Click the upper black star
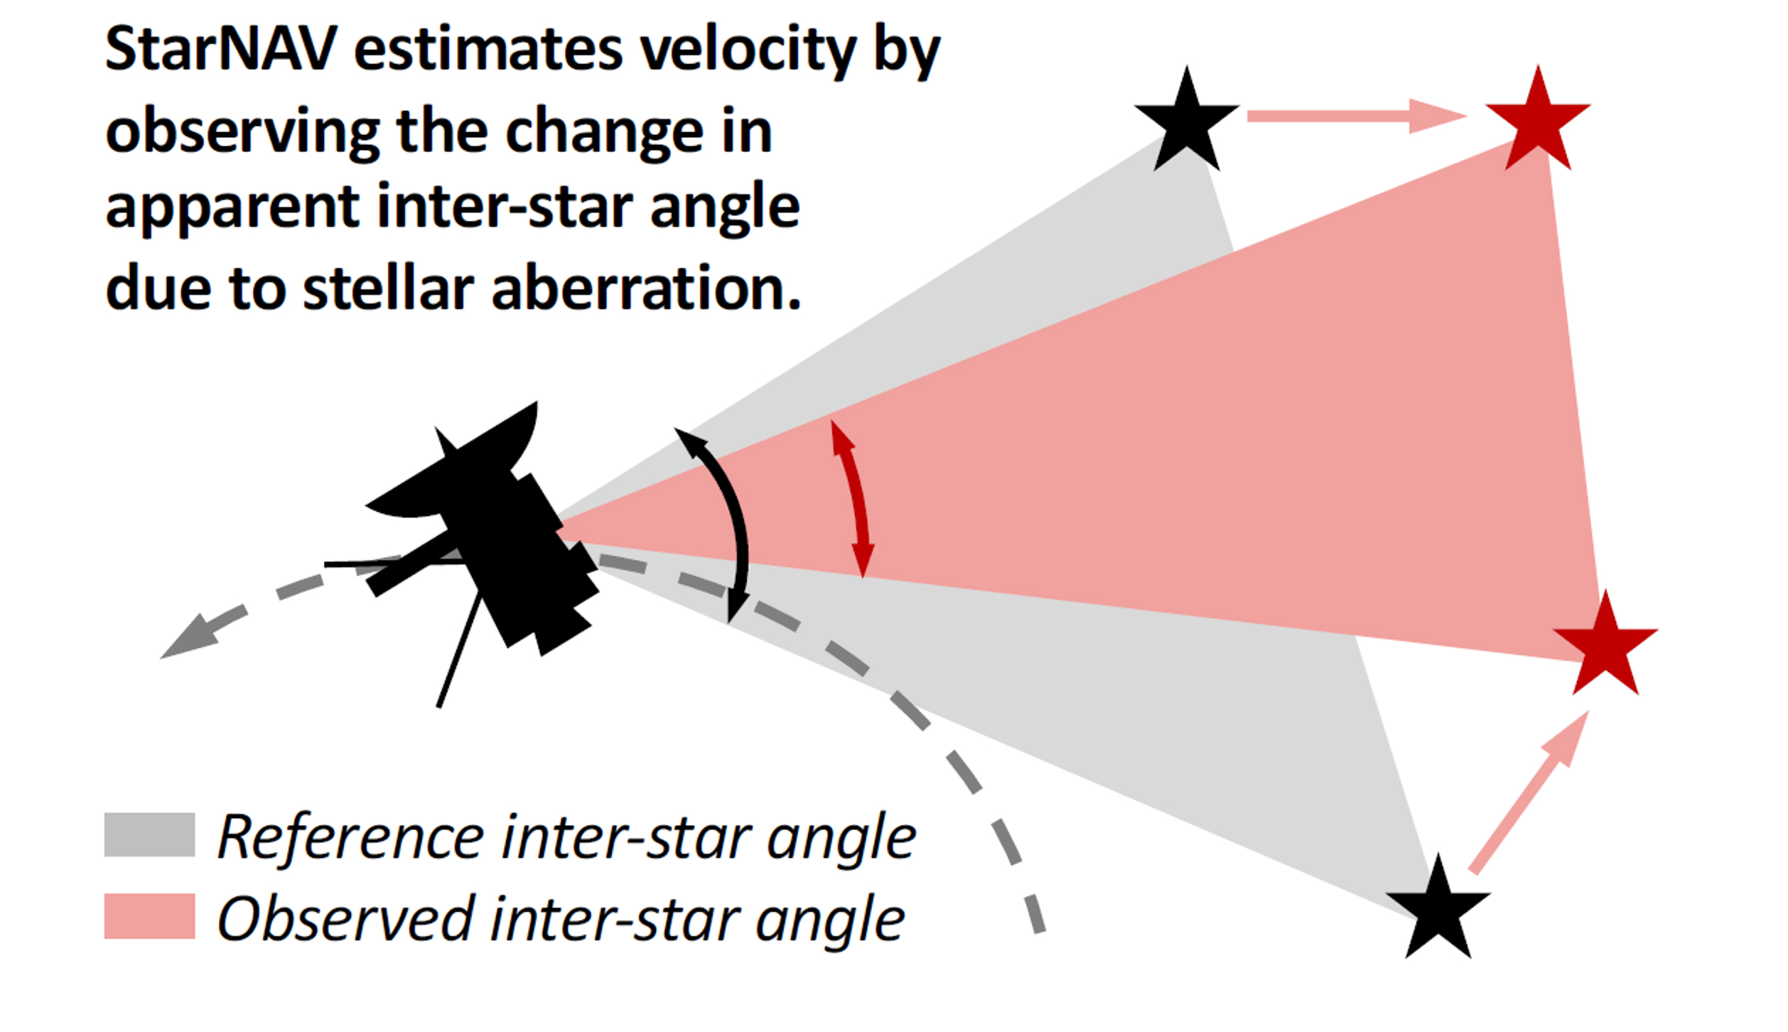pos(1186,122)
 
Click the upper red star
pos(1538,122)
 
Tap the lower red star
pos(1605,646)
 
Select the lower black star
pos(1438,910)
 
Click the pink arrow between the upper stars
pos(1357,116)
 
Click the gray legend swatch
pos(150,834)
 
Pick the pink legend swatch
pos(150,916)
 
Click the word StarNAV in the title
pos(221,49)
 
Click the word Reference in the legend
pos(351,837)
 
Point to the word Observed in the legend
pos(345,918)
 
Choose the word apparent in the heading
pos(233,208)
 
